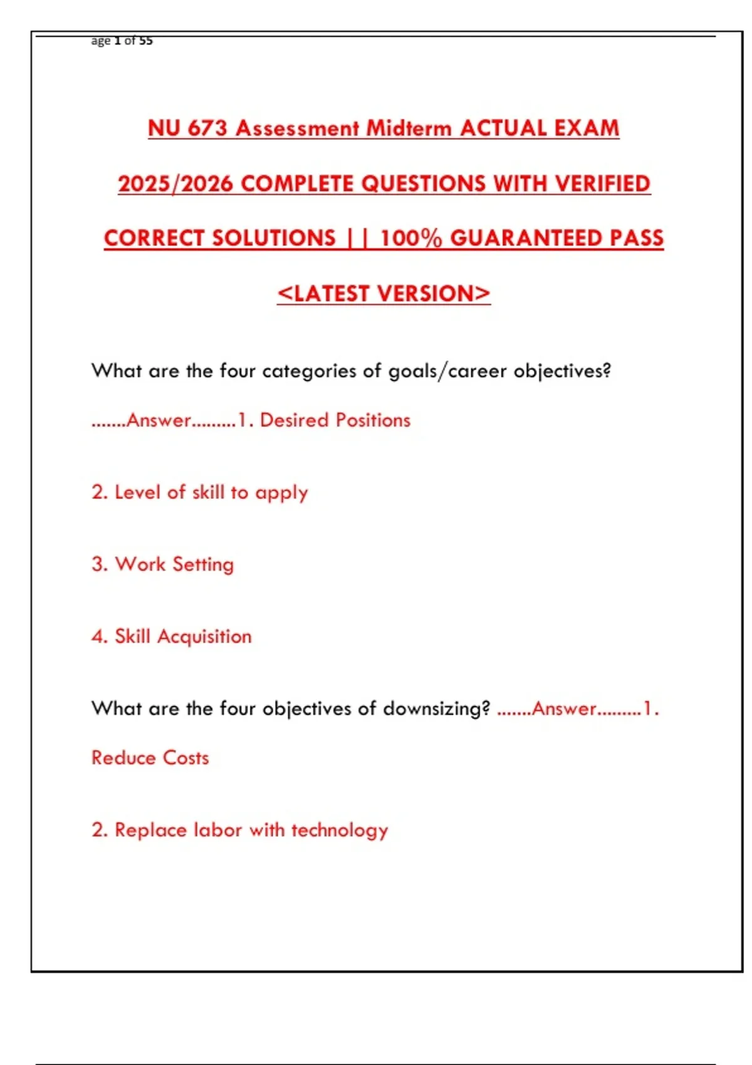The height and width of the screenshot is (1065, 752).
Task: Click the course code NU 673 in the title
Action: point(187,128)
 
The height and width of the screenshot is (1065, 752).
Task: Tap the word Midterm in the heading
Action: point(409,128)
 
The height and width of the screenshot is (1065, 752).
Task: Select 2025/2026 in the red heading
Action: point(175,184)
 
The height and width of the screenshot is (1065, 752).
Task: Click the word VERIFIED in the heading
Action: point(603,184)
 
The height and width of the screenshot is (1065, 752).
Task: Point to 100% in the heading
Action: point(410,238)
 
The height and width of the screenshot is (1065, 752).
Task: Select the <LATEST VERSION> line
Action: point(384,293)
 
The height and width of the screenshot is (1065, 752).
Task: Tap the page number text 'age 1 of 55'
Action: point(122,41)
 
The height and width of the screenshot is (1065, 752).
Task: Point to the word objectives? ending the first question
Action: point(562,371)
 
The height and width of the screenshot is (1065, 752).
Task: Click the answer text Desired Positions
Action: point(335,420)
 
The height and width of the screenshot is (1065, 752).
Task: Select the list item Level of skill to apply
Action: point(200,492)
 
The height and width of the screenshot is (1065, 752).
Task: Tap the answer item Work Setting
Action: point(163,564)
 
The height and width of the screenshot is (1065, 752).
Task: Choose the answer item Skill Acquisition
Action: point(172,636)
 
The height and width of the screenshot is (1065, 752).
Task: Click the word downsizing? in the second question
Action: point(436,709)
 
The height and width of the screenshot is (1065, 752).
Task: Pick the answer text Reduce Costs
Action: point(150,757)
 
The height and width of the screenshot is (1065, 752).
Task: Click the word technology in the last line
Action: point(340,830)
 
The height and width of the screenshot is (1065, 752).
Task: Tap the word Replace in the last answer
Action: point(150,830)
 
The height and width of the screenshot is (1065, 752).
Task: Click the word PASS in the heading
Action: point(637,238)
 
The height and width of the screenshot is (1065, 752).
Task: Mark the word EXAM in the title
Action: point(588,128)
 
